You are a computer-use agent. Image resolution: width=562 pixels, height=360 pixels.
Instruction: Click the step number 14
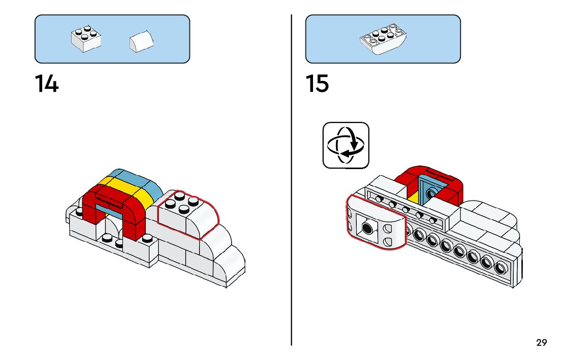47,84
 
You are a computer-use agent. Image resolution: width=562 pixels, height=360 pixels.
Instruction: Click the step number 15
318,84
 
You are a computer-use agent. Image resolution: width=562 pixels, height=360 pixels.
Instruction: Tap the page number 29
542,342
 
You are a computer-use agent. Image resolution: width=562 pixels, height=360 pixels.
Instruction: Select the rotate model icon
346,145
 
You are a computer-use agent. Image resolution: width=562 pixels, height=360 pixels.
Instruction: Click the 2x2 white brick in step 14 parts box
86,40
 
